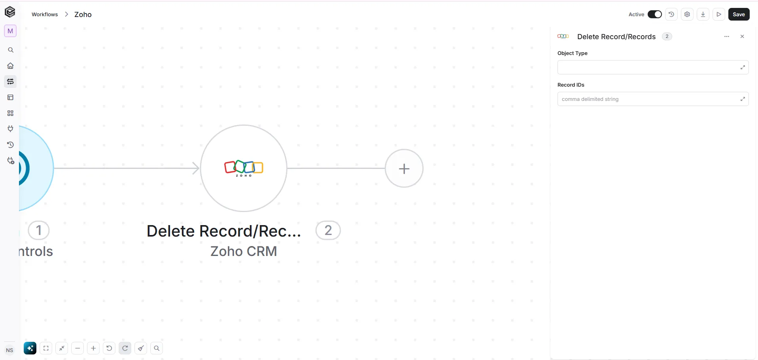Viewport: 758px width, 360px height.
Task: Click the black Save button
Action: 739,14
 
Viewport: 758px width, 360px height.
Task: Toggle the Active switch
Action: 654,14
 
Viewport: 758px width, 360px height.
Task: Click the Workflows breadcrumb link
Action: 45,14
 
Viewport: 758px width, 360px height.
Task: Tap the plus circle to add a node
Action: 404,169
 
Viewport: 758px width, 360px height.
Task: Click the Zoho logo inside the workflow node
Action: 244,168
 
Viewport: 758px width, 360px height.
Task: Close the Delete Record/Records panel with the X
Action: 742,36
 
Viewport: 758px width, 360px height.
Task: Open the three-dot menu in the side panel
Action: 727,36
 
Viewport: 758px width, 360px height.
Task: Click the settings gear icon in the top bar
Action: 687,14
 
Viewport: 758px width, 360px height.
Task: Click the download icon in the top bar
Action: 703,14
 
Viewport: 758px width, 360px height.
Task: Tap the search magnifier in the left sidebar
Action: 11,50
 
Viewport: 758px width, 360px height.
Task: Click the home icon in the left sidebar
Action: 11,66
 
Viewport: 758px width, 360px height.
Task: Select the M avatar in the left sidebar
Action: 10,31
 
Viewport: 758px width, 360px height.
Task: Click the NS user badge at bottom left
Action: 9,350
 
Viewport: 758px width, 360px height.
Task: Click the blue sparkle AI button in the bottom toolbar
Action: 30,348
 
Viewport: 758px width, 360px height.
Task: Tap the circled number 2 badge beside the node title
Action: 328,230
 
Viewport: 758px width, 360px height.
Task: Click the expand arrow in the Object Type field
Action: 743,67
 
